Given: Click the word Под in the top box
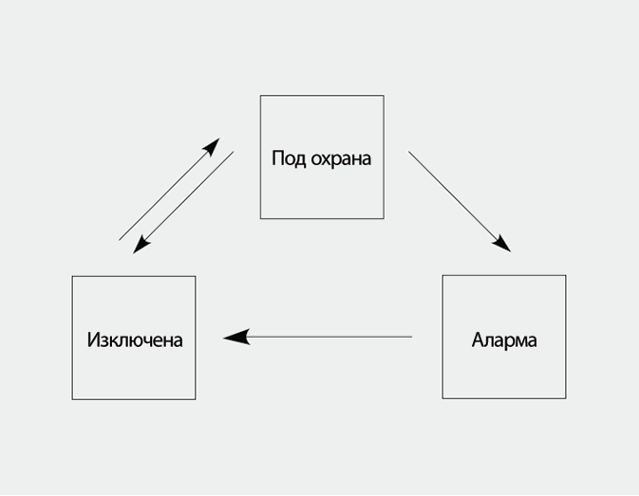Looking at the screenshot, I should [287, 158].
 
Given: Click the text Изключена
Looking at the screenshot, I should [134, 340].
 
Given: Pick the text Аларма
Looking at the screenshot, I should [504, 340].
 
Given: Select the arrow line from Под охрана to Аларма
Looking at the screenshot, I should [459, 200].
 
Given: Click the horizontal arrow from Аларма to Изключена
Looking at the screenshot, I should [323, 337].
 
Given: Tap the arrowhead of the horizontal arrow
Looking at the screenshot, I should [235, 337].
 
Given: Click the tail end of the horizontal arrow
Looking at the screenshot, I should [410, 337].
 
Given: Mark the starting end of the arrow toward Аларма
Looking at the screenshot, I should [411, 154].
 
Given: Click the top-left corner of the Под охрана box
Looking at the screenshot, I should [261, 96].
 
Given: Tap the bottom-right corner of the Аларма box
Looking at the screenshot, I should [565, 398].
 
